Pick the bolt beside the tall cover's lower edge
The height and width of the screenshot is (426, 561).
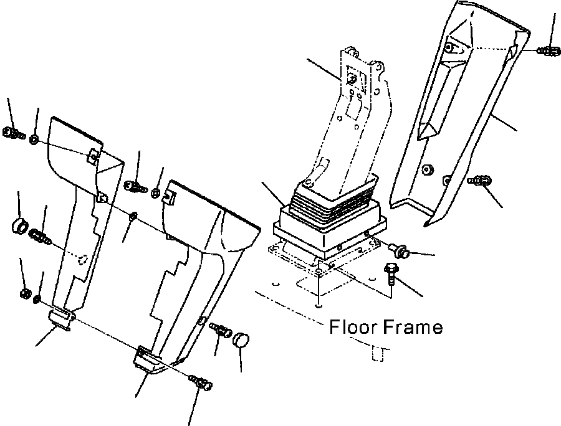click(479, 181)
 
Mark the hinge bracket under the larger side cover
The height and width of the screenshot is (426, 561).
click(147, 362)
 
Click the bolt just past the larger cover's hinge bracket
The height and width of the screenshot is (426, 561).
click(201, 382)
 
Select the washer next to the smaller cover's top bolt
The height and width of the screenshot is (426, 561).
click(35, 137)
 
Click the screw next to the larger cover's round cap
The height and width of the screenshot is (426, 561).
click(220, 330)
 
